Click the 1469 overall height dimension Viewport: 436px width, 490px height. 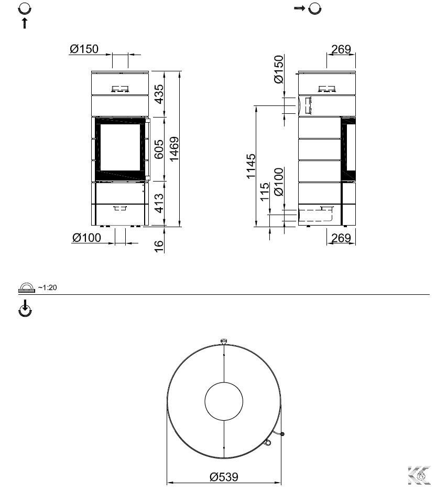pyautogui.click(x=174, y=149)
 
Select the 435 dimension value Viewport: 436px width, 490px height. pyautogui.click(x=159, y=94)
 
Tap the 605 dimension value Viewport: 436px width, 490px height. pyautogui.click(x=159, y=149)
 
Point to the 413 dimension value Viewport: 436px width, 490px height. pyautogui.click(x=159, y=203)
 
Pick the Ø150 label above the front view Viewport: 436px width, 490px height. pyautogui.click(x=84, y=49)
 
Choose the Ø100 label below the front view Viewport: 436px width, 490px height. pyautogui.click(x=87, y=238)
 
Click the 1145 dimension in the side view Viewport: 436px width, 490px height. pyautogui.click(x=250, y=166)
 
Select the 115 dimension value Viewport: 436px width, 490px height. pyautogui.click(x=264, y=192)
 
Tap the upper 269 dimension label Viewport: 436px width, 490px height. pyautogui.click(x=341, y=49)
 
